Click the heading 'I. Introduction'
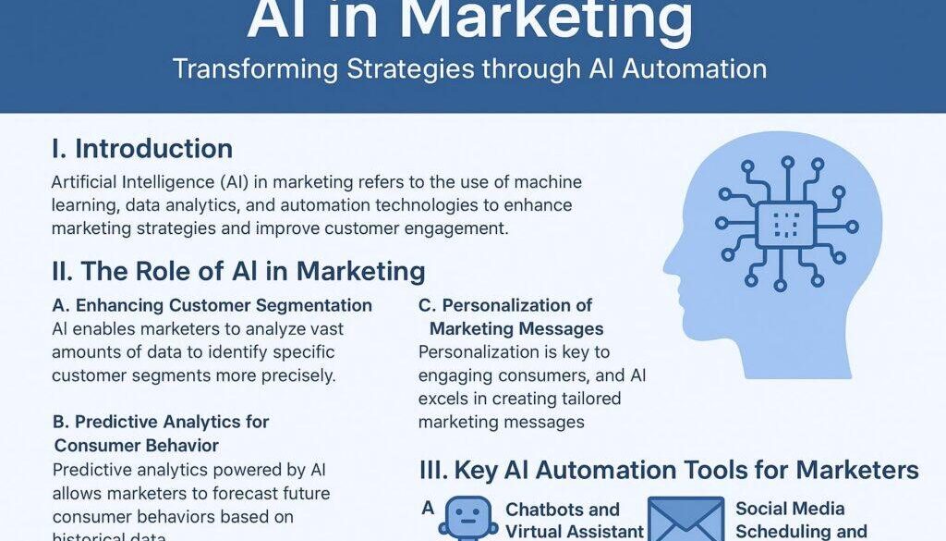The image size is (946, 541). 142,149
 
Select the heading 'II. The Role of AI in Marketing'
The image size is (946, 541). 238,271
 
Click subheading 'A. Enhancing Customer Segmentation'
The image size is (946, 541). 212,305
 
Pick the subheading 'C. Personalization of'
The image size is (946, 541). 505,305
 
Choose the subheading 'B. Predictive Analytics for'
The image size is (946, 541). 161,422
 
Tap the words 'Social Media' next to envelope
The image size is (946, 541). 790,509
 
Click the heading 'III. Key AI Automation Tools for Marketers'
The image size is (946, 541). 669,470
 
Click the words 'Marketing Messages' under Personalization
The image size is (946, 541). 516,328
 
